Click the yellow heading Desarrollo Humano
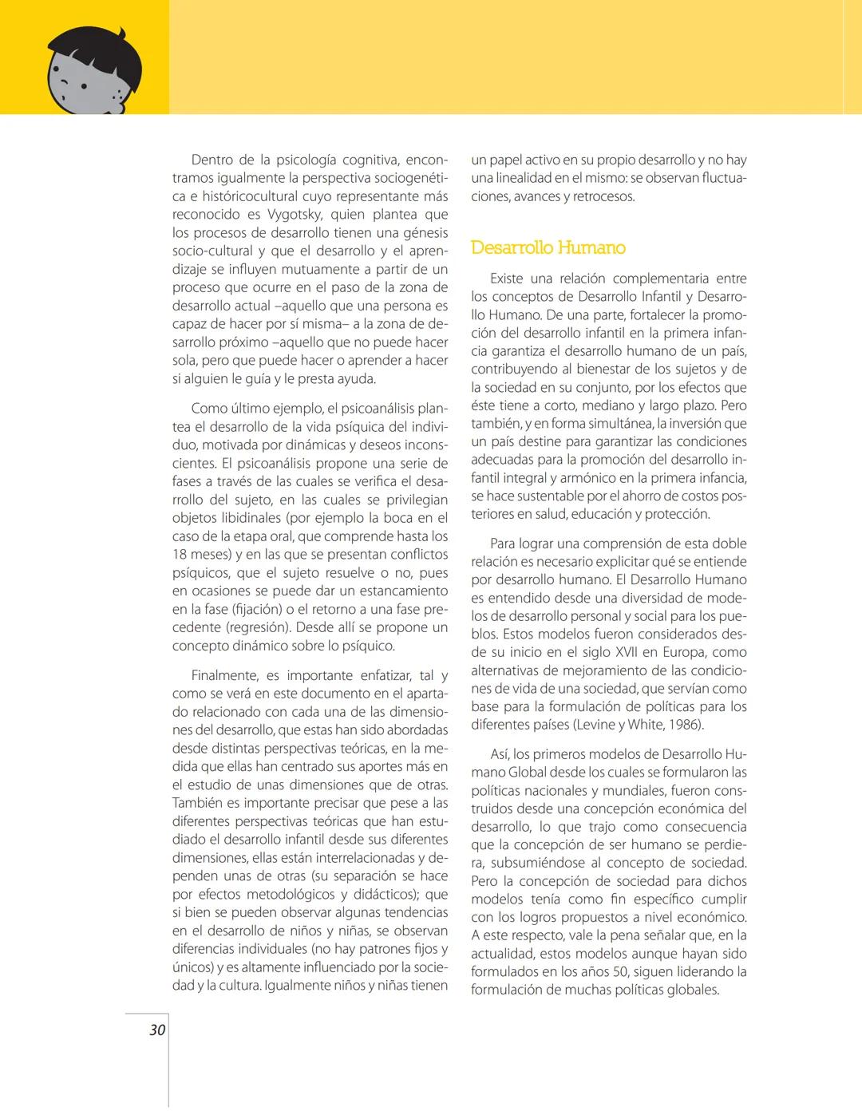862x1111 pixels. pos(548,247)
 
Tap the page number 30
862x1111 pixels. pos(157,1030)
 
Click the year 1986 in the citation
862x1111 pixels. pos(684,725)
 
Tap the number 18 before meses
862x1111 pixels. pos(180,555)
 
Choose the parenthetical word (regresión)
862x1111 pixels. pos(259,627)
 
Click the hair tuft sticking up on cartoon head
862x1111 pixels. pos(121,35)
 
